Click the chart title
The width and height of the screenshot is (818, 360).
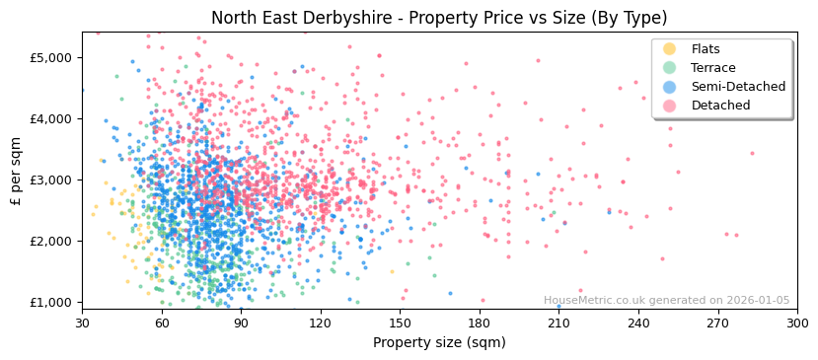(x=439, y=18)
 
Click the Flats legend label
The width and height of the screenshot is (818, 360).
(x=706, y=49)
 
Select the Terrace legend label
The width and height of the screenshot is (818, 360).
(x=712, y=68)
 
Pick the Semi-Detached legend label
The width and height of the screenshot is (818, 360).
(x=738, y=87)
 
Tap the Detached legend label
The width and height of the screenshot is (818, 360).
(x=720, y=106)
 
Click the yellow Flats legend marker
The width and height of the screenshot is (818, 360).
(x=670, y=49)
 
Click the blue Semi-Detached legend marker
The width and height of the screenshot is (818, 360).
(x=670, y=87)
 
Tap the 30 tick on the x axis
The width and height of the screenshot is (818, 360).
(x=82, y=323)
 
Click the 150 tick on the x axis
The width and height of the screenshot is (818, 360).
(x=400, y=323)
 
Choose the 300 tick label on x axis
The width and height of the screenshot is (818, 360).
(x=797, y=323)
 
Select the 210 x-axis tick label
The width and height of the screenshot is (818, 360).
(x=558, y=323)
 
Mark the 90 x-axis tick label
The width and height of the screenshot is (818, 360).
(x=241, y=323)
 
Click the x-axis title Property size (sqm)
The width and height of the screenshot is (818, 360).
(x=439, y=342)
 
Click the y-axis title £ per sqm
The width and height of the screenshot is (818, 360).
(x=17, y=171)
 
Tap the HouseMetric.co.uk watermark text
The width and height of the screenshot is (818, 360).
(x=666, y=301)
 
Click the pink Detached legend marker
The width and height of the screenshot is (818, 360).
(x=670, y=106)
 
